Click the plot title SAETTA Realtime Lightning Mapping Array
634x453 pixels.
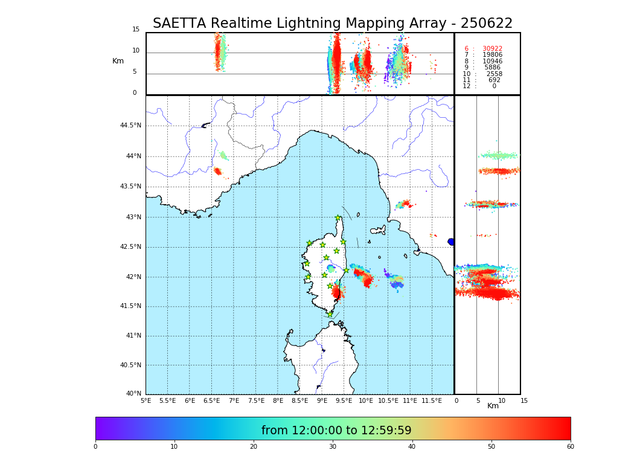tap(332, 24)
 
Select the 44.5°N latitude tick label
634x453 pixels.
tap(130, 126)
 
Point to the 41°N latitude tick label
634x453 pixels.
tap(133, 336)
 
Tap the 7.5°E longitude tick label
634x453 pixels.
tap(256, 400)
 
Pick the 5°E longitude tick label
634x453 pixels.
tap(146, 400)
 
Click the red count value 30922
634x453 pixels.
tap(492, 48)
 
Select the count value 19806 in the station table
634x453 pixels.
tap(492, 55)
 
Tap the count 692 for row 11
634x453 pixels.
tap(495, 80)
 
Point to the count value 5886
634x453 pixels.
tap(492, 68)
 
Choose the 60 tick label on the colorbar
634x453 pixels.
tap(570, 446)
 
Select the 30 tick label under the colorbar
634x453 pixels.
tap(333, 446)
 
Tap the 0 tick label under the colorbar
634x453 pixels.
tap(95, 446)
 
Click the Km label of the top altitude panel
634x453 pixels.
tap(118, 61)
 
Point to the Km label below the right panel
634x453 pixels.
tap(493, 406)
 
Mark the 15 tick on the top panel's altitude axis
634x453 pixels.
tap(136, 30)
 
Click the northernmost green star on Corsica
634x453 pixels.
tap(338, 218)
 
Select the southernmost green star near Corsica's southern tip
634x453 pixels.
tap(330, 314)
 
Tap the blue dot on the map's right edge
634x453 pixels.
tap(451, 242)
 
